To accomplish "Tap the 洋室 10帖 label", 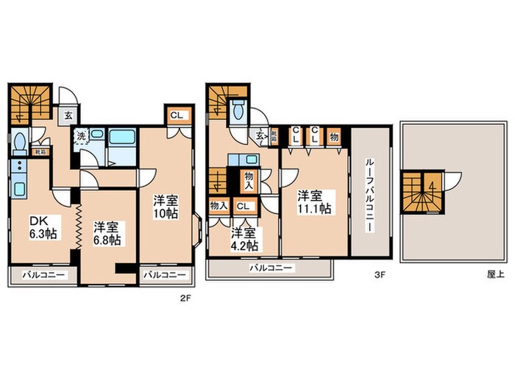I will click(x=165, y=206).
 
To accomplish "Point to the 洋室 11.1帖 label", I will click(x=313, y=202).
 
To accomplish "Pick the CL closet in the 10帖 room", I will click(x=177, y=115).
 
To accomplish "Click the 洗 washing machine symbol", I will click(x=77, y=135).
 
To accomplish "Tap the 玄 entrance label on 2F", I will click(x=67, y=115).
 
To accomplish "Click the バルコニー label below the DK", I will click(x=41, y=275).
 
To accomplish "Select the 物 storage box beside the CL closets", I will click(x=334, y=135).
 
